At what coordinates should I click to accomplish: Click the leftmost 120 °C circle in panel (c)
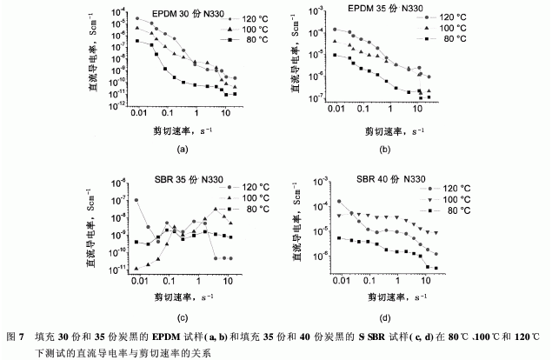click(x=136, y=201)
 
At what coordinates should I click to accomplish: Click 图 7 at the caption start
click(x=15, y=335)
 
